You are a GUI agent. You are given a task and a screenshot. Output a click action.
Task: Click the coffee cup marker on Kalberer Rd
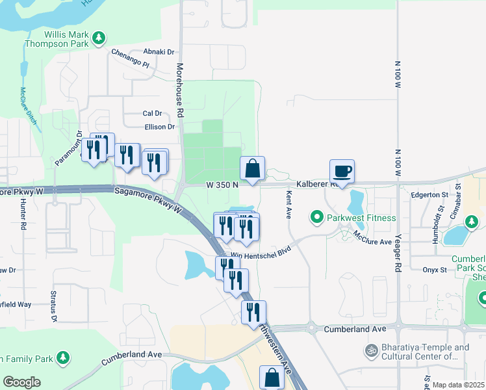342,172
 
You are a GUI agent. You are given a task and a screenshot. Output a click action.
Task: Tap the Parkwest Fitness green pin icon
317,217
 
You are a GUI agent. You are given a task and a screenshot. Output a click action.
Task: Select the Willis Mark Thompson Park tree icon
99,38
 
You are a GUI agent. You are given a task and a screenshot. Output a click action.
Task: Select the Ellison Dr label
160,127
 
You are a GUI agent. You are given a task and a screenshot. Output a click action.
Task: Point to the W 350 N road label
222,185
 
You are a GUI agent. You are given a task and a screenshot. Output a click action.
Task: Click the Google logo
21,382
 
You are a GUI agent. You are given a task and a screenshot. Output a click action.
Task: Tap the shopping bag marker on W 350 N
252,169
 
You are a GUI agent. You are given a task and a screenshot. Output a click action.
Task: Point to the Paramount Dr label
66,151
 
